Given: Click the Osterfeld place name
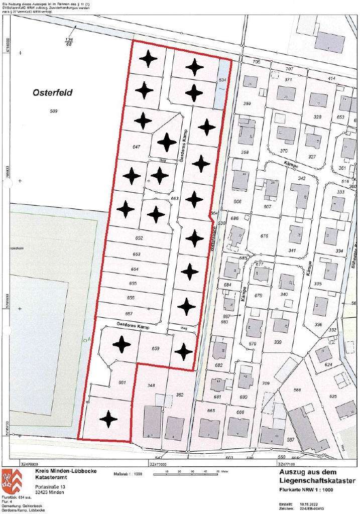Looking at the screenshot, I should pyautogui.click(x=53, y=93).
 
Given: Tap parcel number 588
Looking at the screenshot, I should pyautogui.click(x=297, y=390).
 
